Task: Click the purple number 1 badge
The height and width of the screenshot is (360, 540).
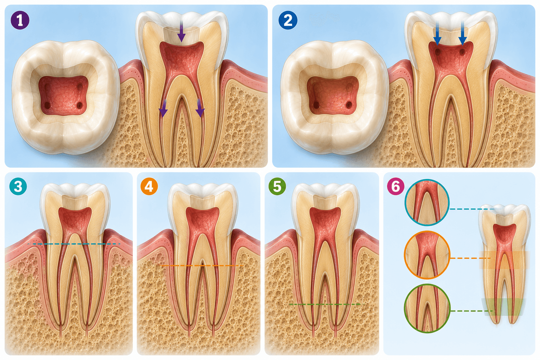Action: [20, 20]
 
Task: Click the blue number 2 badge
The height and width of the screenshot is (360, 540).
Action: [288, 20]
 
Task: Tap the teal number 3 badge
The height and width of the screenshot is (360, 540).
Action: [18, 186]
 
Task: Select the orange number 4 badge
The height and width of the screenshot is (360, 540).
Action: [149, 186]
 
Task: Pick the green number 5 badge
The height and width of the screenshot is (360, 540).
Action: [277, 186]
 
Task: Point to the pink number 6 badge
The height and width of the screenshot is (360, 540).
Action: [396, 186]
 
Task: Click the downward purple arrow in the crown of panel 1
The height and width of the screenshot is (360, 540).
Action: [181, 31]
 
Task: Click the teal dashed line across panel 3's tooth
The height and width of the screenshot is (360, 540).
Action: [74, 244]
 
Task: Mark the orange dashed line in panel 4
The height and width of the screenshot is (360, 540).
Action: [202, 265]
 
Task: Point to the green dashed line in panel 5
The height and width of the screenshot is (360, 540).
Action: [325, 304]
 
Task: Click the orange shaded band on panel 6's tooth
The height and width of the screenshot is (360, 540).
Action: [504, 260]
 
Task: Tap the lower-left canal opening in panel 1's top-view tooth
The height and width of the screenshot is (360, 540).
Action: [48, 105]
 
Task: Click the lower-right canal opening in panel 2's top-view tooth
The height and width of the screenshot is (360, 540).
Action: [349, 105]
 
